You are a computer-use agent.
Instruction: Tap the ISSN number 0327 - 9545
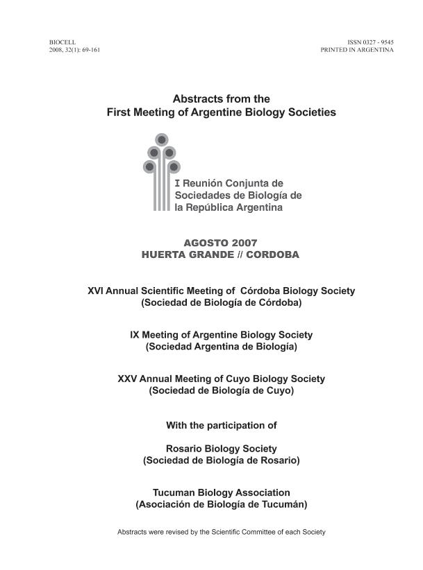(374, 43)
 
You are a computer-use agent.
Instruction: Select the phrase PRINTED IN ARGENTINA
(357, 51)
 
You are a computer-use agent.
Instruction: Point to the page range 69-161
(90, 51)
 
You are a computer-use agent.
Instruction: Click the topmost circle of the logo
(162, 139)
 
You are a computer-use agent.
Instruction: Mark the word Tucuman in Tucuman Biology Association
(172, 492)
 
